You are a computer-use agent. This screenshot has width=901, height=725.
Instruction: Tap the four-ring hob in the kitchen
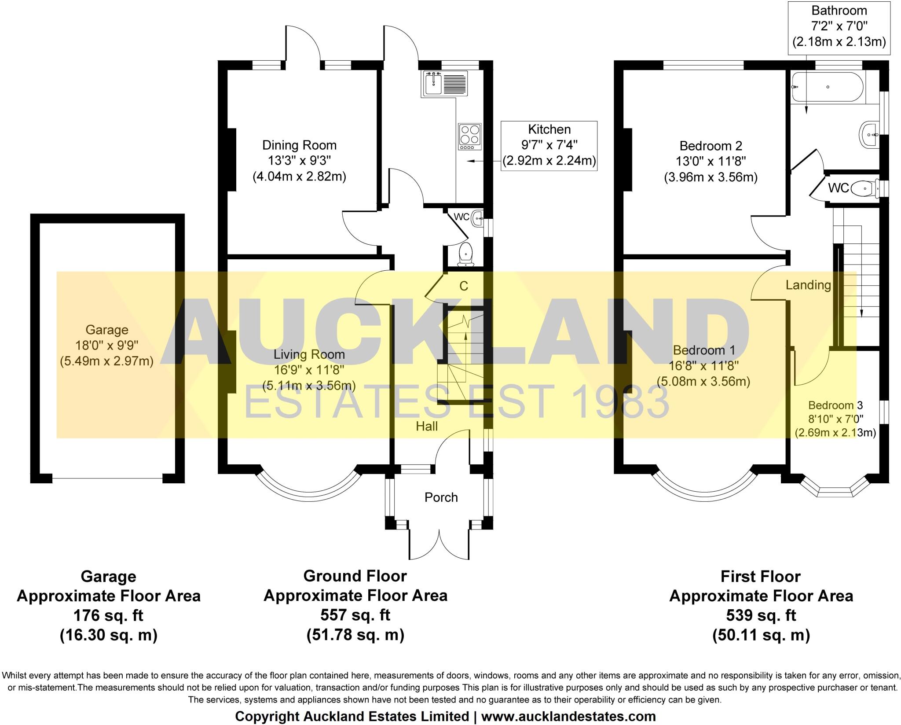470,136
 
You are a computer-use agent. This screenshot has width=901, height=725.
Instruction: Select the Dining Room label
299,145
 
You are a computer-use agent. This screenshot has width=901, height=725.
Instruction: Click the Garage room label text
106,330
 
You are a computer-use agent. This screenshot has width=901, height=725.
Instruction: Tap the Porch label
441,497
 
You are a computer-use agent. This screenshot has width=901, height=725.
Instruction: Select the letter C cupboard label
464,287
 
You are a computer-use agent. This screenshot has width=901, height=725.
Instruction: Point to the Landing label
808,285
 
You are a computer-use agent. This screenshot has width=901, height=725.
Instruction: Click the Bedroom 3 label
835,405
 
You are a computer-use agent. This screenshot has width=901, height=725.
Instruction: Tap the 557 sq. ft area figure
355,615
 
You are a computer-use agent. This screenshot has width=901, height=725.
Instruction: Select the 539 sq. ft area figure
761,615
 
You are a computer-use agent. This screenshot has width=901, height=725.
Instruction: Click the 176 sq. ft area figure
108,615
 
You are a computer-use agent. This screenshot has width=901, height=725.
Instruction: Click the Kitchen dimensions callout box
549,146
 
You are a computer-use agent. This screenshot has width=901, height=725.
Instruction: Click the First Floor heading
760,577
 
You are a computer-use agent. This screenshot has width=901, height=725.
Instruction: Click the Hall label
426,426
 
